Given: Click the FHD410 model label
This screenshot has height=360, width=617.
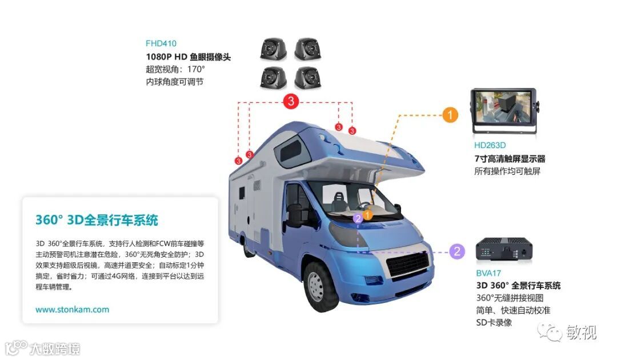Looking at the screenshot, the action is click(161, 43).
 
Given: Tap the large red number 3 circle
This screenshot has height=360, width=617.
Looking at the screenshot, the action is click(291, 102).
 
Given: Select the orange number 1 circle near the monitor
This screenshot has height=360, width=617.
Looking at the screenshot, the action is click(450, 114).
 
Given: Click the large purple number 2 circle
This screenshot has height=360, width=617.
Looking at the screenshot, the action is click(456, 251).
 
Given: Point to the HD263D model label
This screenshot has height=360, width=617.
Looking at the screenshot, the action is click(490, 145).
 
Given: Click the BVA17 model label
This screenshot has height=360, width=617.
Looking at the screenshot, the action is click(487, 273).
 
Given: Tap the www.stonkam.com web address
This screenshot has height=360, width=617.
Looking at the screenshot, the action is click(72, 310).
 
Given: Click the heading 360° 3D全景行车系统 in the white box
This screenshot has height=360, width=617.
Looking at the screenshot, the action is click(97, 220).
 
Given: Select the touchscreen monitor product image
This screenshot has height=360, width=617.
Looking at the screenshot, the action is click(503, 110).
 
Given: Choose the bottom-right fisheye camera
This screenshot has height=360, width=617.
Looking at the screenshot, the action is click(307, 78).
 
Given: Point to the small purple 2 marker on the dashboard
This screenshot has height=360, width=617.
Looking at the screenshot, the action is click(358, 218).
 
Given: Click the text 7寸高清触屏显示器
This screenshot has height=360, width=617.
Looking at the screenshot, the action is click(510, 158).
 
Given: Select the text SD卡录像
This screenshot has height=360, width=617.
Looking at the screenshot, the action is click(494, 322).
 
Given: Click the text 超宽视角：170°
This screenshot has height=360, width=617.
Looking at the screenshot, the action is click(175, 70).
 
